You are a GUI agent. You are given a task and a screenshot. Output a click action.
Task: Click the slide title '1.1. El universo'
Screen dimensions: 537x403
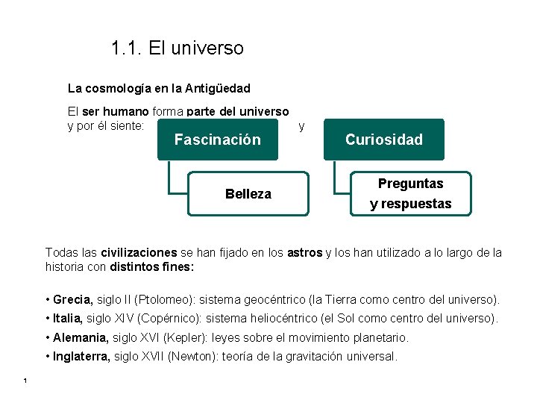pos(177,49)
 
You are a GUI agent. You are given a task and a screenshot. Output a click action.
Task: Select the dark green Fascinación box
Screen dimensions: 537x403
pos(217,140)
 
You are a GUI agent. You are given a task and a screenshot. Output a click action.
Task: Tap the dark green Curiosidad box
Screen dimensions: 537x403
pos(383,140)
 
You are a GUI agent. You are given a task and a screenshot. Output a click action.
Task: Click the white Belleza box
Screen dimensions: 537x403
pos(248,194)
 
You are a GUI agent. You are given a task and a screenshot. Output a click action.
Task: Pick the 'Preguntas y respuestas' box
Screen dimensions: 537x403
pos(410,194)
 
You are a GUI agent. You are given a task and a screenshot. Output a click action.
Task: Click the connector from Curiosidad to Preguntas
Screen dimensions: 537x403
pos(337,179)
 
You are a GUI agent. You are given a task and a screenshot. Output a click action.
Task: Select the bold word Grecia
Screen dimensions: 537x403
pos(72,300)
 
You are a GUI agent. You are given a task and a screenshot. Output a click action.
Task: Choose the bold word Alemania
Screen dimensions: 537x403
pos(77,338)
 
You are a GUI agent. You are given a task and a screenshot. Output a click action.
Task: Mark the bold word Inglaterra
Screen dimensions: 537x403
pos(81,357)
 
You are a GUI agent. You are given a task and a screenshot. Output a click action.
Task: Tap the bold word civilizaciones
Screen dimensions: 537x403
pos(139,253)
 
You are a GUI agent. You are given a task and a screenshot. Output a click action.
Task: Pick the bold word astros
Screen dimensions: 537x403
pos(304,253)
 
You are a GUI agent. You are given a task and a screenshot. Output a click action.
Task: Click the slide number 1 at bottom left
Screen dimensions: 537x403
pos(25,382)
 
